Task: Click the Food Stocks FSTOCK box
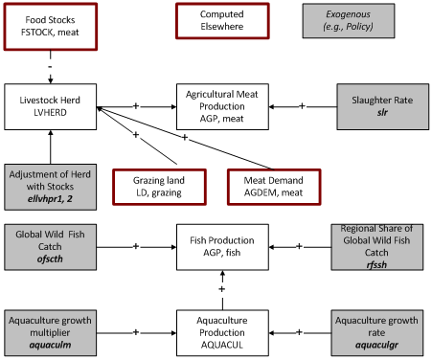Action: pos(47,23)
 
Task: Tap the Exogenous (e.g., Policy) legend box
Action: pos(376,23)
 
